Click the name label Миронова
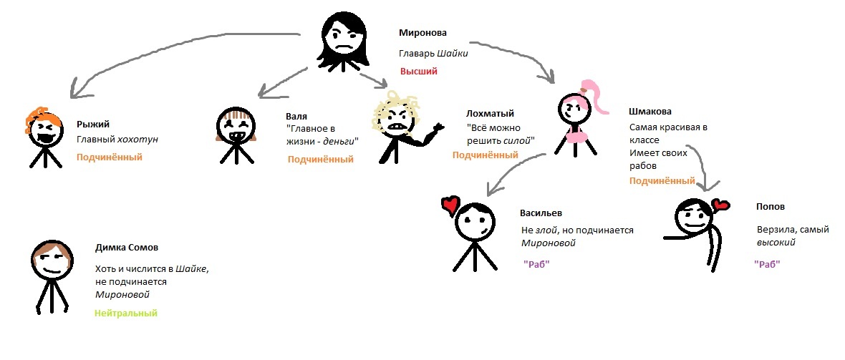tap(422, 33)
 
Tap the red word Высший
tap(418, 72)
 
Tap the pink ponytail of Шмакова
tap(597, 95)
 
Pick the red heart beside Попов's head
tap(720, 207)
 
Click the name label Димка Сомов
tap(126, 248)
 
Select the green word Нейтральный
tap(125, 313)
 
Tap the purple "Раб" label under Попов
tap(767, 264)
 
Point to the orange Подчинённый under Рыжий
tap(109, 157)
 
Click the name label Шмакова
tap(650, 112)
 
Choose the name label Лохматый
tap(490, 113)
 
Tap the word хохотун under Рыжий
tap(138, 140)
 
